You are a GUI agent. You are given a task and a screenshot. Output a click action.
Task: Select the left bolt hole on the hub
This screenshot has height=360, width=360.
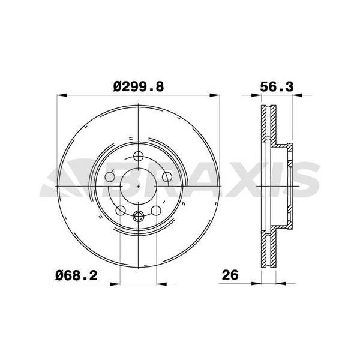(110, 177)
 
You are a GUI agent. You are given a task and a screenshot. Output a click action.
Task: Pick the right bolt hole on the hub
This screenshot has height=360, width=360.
(167, 177)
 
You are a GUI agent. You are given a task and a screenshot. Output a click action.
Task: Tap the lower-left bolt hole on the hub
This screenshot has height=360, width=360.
(121, 210)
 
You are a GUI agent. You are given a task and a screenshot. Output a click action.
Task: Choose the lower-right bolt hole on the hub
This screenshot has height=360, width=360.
(157, 210)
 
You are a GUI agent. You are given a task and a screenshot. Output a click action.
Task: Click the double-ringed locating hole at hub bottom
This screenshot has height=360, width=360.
(139, 217)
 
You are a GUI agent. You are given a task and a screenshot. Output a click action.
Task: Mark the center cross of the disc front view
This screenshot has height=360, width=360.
(139, 187)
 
